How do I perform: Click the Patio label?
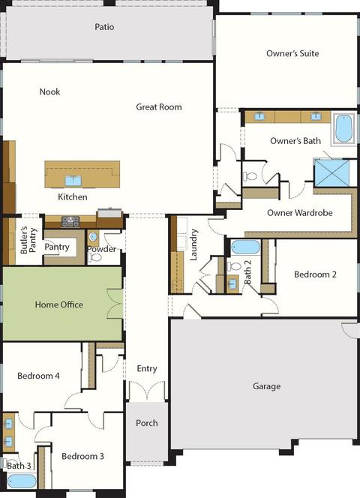(104, 27)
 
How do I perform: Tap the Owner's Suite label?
(292, 53)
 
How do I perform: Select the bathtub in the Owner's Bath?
(343, 128)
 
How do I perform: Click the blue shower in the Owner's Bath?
(331, 172)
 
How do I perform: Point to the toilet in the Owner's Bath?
(250, 175)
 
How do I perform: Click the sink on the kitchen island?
(73, 181)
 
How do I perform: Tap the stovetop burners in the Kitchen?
(70, 221)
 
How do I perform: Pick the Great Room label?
(159, 106)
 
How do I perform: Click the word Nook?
(49, 91)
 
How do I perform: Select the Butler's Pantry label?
(28, 240)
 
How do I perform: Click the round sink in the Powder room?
(93, 236)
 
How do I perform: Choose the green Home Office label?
(59, 304)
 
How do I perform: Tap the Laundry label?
(193, 244)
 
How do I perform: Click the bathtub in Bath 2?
(245, 247)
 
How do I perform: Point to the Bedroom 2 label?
(315, 274)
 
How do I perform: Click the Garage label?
(266, 386)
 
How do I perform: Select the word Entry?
(147, 368)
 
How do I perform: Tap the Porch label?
(147, 423)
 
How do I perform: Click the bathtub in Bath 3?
(22, 481)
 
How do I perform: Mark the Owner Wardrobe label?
(300, 212)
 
